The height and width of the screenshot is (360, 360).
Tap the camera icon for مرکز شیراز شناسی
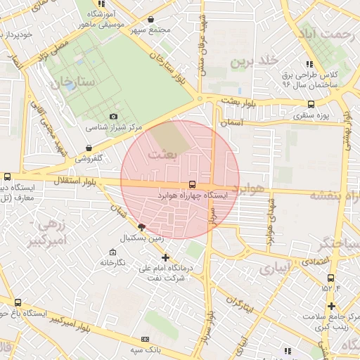click(x=113, y=117)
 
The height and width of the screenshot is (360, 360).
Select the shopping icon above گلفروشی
click(x=89, y=148)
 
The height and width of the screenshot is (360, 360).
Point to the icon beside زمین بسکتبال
click(x=142, y=227)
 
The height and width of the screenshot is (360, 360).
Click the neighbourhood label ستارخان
click(x=72, y=82)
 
